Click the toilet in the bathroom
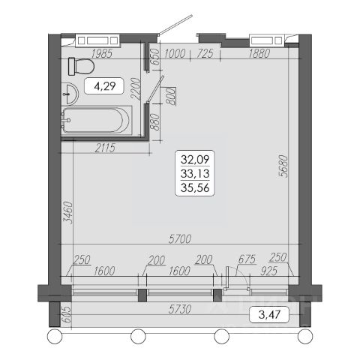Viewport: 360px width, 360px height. click(x=81, y=66)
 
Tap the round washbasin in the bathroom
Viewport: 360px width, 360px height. click(x=70, y=94)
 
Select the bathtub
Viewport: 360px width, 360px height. click(x=97, y=121)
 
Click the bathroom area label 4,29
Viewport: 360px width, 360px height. click(x=104, y=86)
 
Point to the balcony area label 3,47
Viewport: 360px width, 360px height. click(x=269, y=314)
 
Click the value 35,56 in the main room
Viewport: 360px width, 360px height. click(x=195, y=187)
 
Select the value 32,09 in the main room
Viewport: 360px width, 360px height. click(x=195, y=159)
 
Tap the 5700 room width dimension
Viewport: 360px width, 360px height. click(x=180, y=239)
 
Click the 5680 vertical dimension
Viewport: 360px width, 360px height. click(x=283, y=166)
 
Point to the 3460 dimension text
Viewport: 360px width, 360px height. click(x=67, y=212)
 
